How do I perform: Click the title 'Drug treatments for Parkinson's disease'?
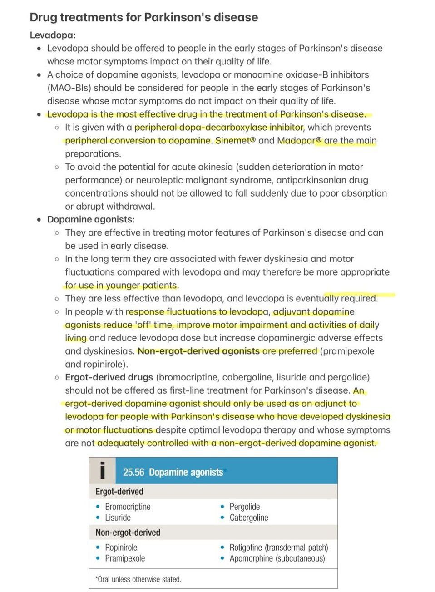click(x=143, y=17)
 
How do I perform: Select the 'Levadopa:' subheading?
click(x=53, y=35)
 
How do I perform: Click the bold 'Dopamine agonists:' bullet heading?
click(x=91, y=219)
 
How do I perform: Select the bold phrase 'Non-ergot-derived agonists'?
click(x=198, y=351)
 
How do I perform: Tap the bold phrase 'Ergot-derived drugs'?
click(x=109, y=377)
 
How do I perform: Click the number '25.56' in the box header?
click(x=133, y=472)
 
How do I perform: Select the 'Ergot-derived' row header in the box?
click(x=119, y=492)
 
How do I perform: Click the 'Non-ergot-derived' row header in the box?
click(x=128, y=533)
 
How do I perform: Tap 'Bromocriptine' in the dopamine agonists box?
click(x=128, y=507)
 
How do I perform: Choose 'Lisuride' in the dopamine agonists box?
click(x=118, y=518)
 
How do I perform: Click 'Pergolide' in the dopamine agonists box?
click(x=245, y=507)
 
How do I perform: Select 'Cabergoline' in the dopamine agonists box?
click(x=249, y=518)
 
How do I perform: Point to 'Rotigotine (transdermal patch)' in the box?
click(x=279, y=548)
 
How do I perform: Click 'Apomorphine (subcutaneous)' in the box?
click(x=277, y=558)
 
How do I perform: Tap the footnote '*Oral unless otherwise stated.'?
click(x=138, y=579)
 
